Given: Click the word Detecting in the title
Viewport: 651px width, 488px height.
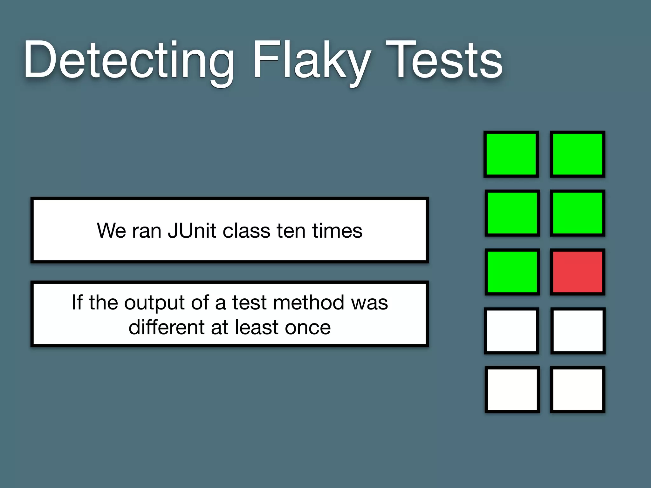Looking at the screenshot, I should coord(129,60).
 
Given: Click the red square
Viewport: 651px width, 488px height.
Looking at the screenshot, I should coord(578,272).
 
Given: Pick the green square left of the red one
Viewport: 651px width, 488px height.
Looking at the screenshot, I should coord(512,272).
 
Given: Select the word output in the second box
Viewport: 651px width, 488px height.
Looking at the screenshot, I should coord(154,302).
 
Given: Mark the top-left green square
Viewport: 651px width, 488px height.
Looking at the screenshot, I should coord(511,154).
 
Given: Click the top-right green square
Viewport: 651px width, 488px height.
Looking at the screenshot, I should coord(578,154).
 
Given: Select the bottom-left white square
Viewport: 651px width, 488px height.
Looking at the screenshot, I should coord(512,390).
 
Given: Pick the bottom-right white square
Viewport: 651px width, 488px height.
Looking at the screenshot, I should coord(578,390).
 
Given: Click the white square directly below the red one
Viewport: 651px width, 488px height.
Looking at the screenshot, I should coord(578,331).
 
